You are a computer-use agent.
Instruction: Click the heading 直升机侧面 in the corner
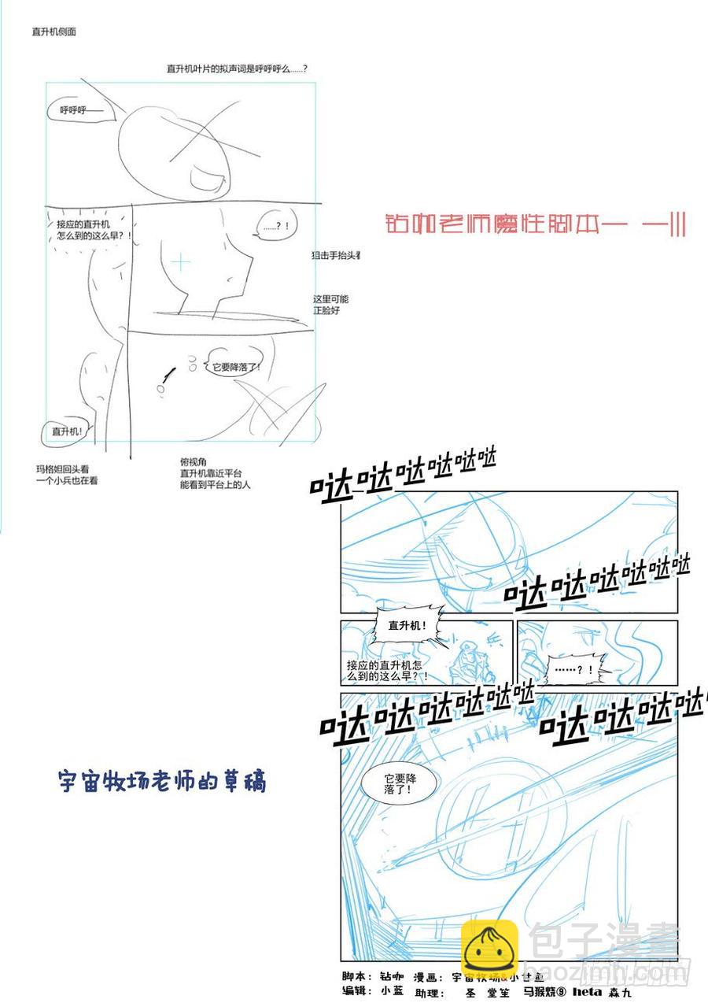(53, 32)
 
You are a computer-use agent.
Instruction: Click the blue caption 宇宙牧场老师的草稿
(163, 781)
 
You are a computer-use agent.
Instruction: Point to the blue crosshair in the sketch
(181, 262)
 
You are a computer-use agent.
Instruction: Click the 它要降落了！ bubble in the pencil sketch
(235, 367)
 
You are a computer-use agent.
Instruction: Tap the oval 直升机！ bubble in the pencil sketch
(68, 431)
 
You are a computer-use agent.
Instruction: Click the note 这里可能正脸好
(330, 305)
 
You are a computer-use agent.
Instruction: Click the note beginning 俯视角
(214, 474)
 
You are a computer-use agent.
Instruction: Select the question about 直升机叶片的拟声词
(236, 69)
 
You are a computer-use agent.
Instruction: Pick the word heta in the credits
(586, 992)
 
